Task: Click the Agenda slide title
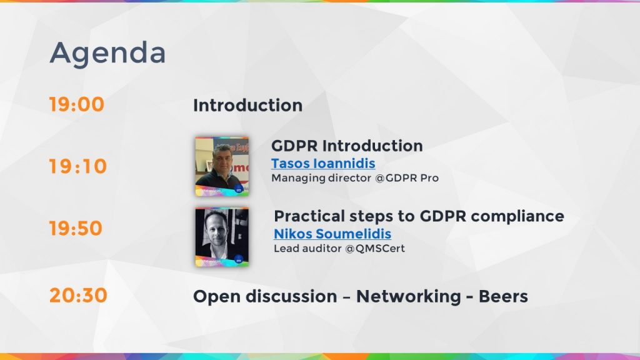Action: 107,54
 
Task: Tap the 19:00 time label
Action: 77,105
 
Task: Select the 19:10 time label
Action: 78,167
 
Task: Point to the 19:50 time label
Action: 76,229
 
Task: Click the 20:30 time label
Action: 78,296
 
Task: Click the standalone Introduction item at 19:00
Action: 247,106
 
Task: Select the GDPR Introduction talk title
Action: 347,146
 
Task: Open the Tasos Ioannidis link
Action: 323,164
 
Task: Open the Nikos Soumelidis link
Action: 332,234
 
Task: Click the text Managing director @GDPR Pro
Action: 354,178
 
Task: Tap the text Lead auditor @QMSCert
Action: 339,248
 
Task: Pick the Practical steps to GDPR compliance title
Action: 419,216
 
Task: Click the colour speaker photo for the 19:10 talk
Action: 222,166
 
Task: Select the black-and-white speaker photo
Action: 222,236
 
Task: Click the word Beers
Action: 503,296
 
